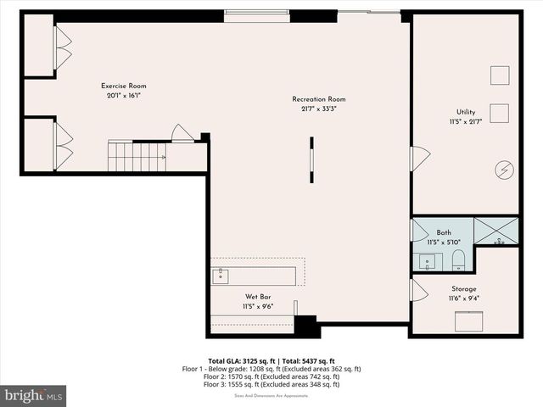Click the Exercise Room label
pyautogui.click(x=124, y=86)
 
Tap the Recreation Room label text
pyautogui.click(x=319, y=99)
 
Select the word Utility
pyautogui.click(x=465, y=112)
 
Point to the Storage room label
pyautogui.click(x=463, y=289)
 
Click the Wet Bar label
pyautogui.click(x=258, y=297)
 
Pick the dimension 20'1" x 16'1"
pyautogui.click(x=124, y=96)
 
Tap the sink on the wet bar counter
pyautogui.click(x=221, y=276)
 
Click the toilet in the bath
pyautogui.click(x=457, y=259)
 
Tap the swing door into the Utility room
pyautogui.click(x=419, y=158)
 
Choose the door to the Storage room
pyautogui.click(x=418, y=291)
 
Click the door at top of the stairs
pyautogui.click(x=182, y=133)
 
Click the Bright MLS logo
pyautogui.click(x=34, y=395)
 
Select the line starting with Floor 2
pyautogui.click(x=271, y=376)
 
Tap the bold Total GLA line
pyautogui.click(x=271, y=360)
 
